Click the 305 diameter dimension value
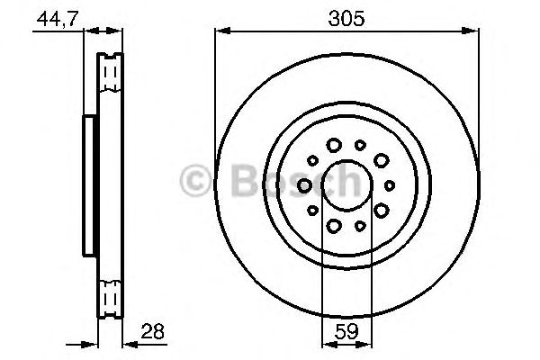pos(346,19)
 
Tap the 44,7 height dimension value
pos(58,19)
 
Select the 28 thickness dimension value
pos(153,331)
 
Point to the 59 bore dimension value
pos(346,331)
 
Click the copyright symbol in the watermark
pos(195,181)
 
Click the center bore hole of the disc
pos(346,185)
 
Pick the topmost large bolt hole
pos(334,145)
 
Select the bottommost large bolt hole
pos(334,226)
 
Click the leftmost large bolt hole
pos(304,185)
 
